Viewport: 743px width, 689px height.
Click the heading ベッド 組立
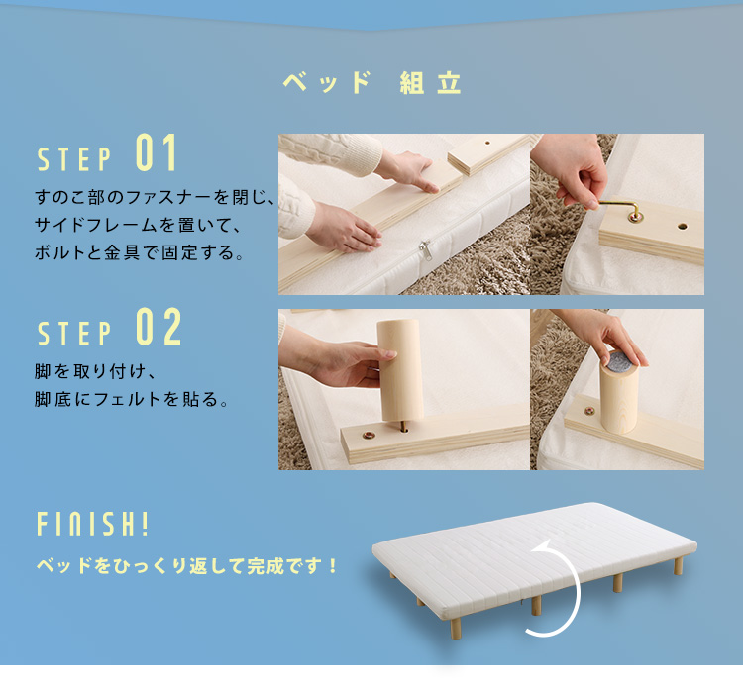(371, 83)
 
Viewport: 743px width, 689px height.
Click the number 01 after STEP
(156, 154)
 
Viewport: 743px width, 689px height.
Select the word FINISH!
(92, 523)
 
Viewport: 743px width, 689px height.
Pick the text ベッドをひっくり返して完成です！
(187, 567)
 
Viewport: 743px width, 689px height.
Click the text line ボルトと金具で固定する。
(138, 252)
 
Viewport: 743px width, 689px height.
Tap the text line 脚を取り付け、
(96, 372)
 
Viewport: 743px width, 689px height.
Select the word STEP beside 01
(74, 159)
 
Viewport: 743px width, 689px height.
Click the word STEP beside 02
(74, 335)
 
